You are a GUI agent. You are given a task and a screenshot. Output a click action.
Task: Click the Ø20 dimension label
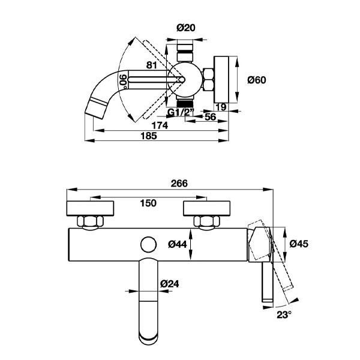coord(186,28)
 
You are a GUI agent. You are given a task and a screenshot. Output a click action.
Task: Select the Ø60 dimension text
coord(257,80)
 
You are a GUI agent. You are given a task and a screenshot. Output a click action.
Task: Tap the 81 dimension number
coord(152,65)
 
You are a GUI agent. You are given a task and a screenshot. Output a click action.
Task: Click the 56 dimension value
coord(211,117)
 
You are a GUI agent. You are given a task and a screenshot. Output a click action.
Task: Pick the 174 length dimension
coord(160,125)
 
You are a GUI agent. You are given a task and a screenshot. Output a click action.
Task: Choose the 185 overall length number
coord(149,136)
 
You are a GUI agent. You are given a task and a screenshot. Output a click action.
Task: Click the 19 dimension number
coord(221,107)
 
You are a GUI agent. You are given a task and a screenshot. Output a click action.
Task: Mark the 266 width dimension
coord(179,184)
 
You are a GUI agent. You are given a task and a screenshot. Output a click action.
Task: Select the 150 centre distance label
coord(148,203)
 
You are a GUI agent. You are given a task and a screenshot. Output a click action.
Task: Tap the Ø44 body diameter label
coord(178,244)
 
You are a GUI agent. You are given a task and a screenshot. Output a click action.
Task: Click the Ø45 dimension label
coord(299,244)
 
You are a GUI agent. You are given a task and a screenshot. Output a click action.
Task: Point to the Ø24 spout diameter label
coord(169,284)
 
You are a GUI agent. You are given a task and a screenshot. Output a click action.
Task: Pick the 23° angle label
coord(284,315)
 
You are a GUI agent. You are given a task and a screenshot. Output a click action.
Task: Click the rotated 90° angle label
coord(124,82)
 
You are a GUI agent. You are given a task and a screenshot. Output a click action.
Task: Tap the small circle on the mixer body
coord(149,245)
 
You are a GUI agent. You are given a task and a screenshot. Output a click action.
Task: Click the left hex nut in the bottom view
coord(91,221)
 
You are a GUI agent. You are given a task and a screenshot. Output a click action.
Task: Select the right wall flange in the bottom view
coord(206,208)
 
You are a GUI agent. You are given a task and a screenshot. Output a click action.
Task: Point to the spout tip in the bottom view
coord(149,338)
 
